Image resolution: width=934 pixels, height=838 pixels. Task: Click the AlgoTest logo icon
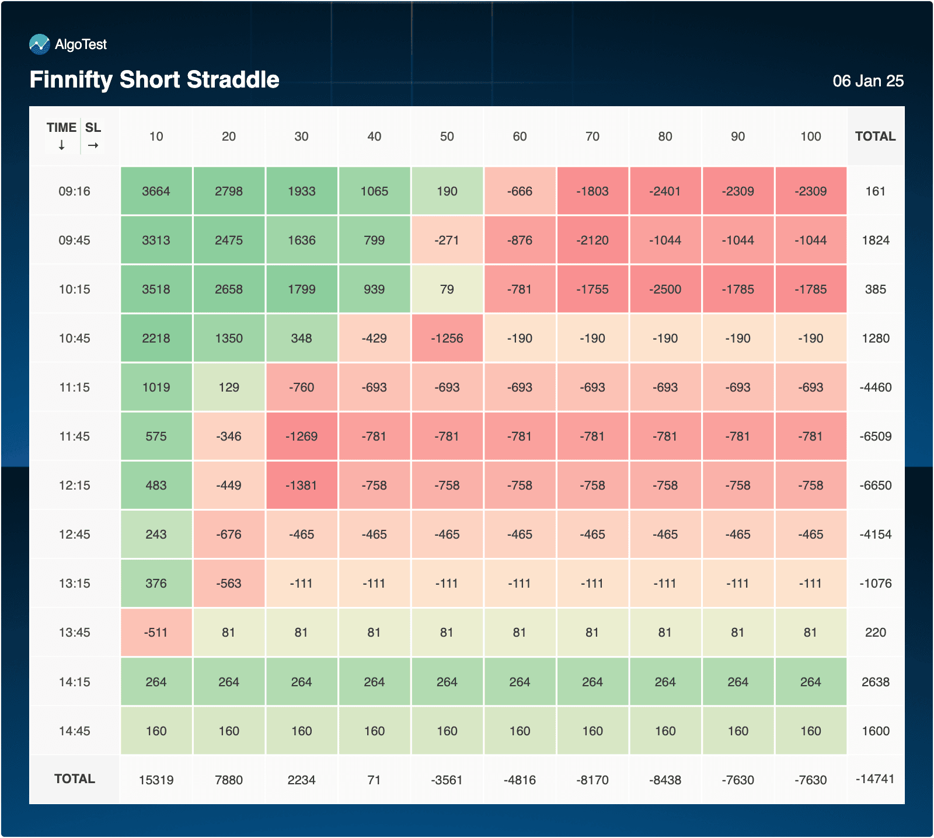40,44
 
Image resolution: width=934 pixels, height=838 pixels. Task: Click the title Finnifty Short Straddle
155,80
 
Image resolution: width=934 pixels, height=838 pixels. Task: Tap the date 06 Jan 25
868,81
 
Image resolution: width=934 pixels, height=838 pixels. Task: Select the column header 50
447,137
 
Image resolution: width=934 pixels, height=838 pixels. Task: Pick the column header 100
811,137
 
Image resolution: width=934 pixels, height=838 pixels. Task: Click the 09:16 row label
75,191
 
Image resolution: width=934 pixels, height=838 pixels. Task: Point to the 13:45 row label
75,633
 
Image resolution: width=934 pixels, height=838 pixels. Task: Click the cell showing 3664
156,191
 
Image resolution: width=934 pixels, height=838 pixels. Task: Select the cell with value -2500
665,289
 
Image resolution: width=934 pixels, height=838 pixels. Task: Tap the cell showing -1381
302,486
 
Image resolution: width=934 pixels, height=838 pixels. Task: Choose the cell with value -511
156,633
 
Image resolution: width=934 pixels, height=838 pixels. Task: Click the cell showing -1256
447,338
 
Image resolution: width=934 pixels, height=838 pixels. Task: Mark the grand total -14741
875,779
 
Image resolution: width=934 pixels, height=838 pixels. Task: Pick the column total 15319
156,780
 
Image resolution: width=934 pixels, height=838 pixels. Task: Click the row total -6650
876,486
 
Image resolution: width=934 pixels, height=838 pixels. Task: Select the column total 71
374,780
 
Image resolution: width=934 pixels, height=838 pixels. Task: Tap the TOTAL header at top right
875,137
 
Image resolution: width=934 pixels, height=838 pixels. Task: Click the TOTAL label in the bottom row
75,779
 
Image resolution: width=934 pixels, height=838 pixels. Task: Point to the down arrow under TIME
62,145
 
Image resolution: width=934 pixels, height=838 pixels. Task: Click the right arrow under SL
93,145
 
